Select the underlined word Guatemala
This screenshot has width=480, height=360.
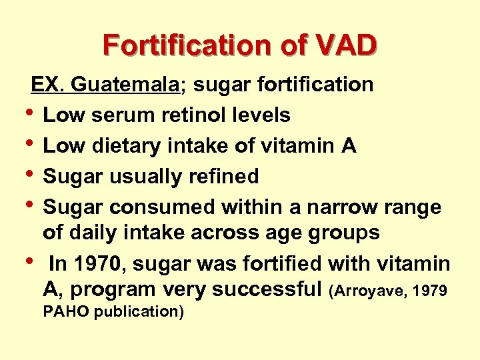[x=126, y=85]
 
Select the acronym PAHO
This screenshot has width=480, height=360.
[x=65, y=311]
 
